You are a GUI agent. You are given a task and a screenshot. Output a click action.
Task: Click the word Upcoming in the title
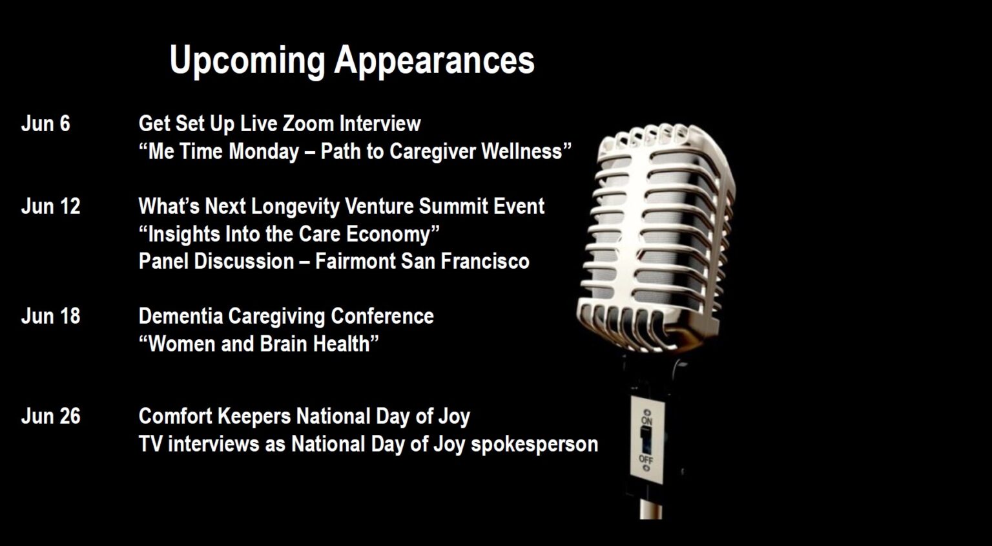pyautogui.click(x=247, y=61)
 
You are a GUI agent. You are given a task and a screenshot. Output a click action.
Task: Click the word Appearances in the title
pyautogui.click(x=435, y=61)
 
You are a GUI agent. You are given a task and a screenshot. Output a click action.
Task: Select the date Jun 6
pyautogui.click(x=46, y=123)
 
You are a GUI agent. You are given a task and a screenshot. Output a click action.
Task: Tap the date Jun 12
pyautogui.click(x=50, y=207)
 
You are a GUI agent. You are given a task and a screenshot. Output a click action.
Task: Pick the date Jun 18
pyautogui.click(x=50, y=317)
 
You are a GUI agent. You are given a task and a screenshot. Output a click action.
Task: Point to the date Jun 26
pyautogui.click(x=50, y=416)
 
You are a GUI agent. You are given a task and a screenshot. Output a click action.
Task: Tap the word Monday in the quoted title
pyautogui.click(x=264, y=152)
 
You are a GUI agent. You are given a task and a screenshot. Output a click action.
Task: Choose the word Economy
pyautogui.click(x=388, y=235)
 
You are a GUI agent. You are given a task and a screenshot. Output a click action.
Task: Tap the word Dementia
pyautogui.click(x=181, y=317)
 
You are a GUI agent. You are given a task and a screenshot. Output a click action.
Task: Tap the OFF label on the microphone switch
pyautogui.click(x=646, y=459)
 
